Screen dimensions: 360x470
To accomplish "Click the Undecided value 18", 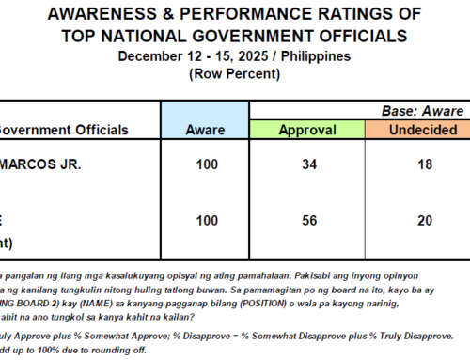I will (x=424, y=165).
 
